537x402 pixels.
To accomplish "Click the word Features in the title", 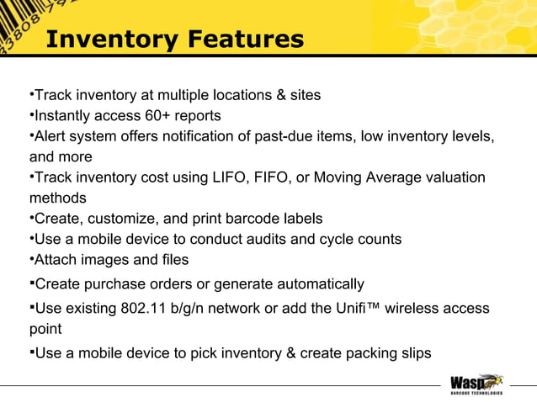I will click(x=247, y=40).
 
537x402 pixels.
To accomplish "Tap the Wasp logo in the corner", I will click(x=476, y=383).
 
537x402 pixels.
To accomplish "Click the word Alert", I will click(x=52, y=136).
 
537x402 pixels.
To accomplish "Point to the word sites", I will click(x=305, y=95).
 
